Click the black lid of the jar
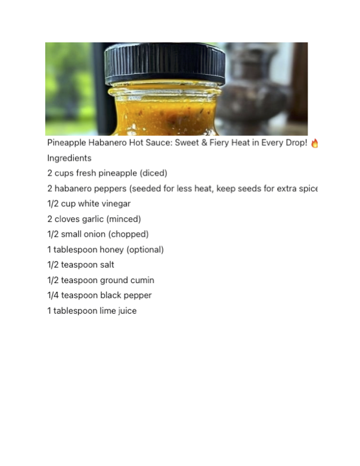[165, 64]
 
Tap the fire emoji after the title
[314, 143]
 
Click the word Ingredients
[69, 158]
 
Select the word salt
[107, 265]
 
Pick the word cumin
[144, 280]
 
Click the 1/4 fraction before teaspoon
[53, 295]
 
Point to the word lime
[108, 311]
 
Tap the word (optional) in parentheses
[145, 249]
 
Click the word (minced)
[124, 219]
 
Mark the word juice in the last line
[128, 311]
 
